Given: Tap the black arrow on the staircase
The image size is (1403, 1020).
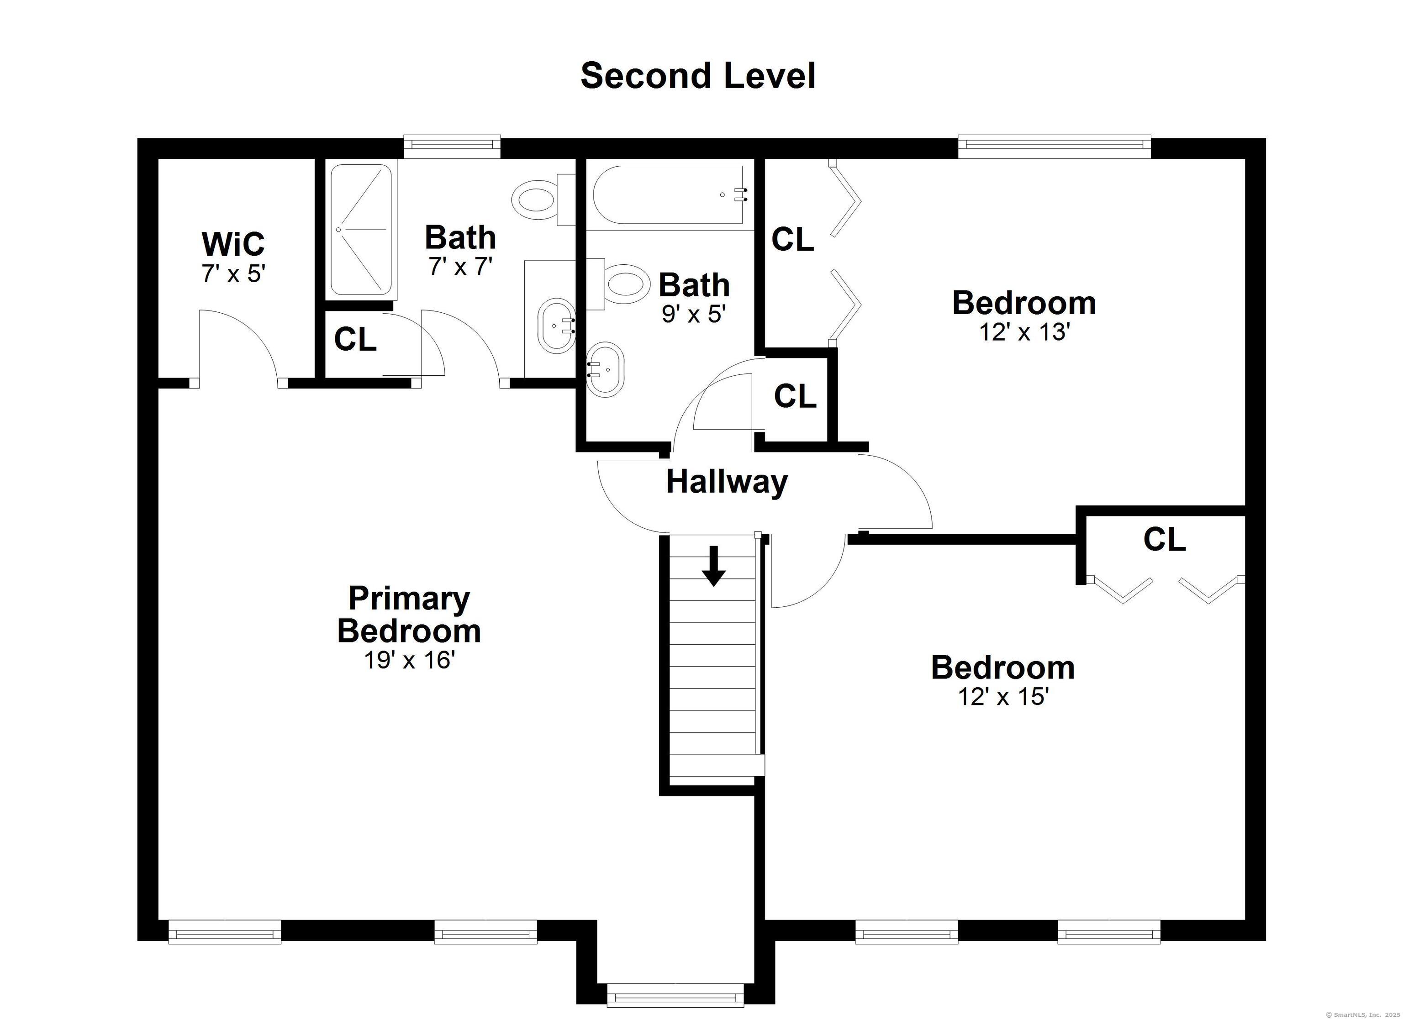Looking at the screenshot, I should pos(713,565).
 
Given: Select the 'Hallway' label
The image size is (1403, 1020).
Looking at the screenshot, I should pos(727,482).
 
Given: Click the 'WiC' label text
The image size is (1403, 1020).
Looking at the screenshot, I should pos(233,244).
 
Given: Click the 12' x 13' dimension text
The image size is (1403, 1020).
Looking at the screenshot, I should pos(1024,333).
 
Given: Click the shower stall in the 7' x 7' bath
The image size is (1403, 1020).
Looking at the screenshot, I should pos(361,230).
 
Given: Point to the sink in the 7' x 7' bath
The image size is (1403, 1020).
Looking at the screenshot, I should pos(555,326).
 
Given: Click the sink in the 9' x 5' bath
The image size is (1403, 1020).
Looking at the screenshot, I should pos(605,369).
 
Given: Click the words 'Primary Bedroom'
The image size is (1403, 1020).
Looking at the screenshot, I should pos(409,614).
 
